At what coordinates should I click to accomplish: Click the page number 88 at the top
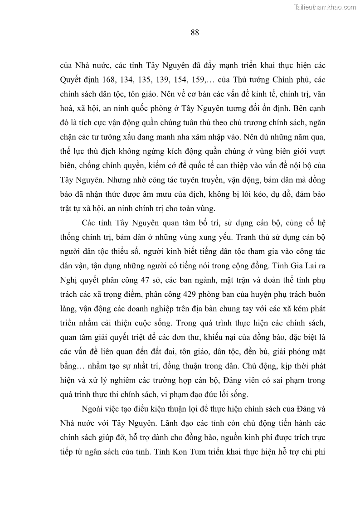pos(195,32)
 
